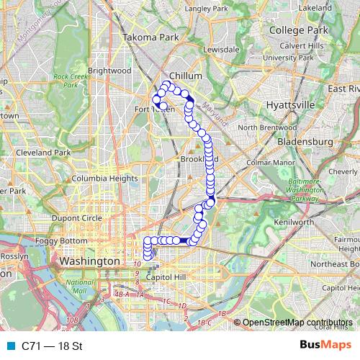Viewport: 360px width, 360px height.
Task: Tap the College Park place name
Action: click(298, 30)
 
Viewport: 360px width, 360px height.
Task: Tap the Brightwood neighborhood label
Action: click(109, 71)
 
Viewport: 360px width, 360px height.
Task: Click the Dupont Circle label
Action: click(81, 217)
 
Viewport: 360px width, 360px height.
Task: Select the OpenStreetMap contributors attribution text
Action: click(297, 322)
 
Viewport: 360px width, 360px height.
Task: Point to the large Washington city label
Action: click(90, 261)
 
